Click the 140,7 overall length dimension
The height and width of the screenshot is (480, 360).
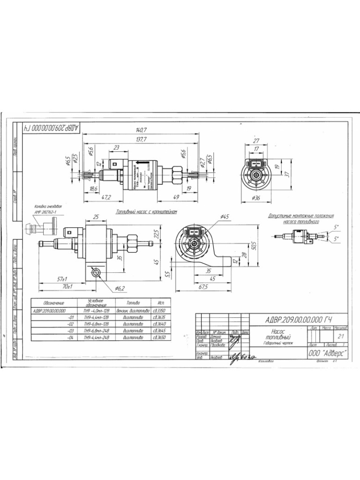click(x=141, y=130)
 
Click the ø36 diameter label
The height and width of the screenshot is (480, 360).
click(x=255, y=198)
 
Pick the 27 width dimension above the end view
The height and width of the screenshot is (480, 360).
click(x=256, y=141)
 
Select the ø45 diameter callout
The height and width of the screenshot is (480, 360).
click(x=224, y=217)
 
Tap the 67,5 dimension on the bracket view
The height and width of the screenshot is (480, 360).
click(x=202, y=287)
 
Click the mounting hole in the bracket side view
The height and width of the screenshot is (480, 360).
click(x=97, y=273)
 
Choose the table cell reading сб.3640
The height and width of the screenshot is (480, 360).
click(x=160, y=323)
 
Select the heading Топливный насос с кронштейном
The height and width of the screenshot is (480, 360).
click(x=146, y=212)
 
